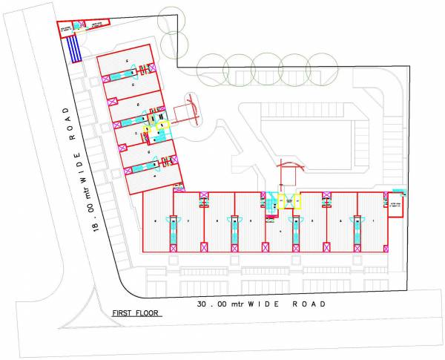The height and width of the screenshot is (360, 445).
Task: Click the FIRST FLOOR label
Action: [x=137, y=313]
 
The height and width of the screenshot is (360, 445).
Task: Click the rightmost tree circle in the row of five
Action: [x=320, y=66]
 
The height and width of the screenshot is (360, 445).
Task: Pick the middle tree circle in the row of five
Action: [x=266, y=66]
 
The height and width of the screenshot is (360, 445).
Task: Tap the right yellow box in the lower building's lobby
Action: [x=297, y=200]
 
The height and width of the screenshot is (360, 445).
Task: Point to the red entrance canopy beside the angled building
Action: [x=186, y=111]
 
